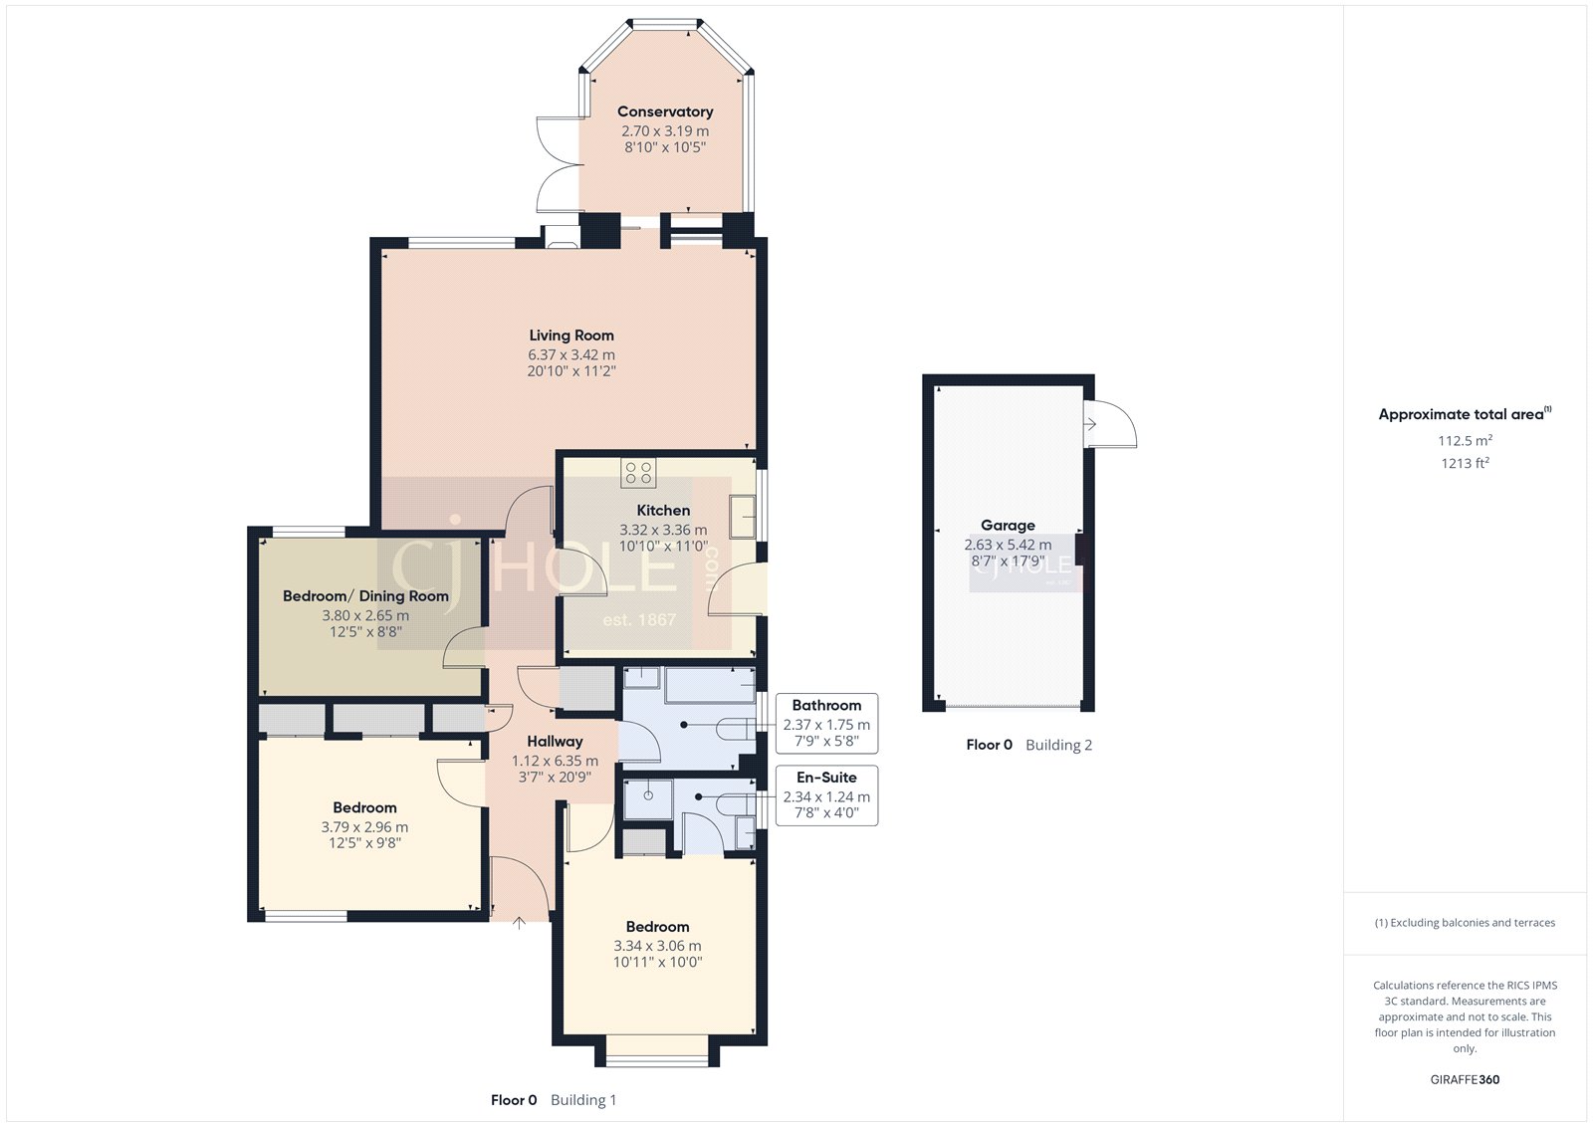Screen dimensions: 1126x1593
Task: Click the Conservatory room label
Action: [665, 112]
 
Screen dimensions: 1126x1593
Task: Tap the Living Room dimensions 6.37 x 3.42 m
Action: [571, 354]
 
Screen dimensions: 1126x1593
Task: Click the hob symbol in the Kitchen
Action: [638, 473]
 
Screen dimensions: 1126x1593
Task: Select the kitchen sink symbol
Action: [743, 516]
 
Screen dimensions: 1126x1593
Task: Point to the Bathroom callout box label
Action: [826, 705]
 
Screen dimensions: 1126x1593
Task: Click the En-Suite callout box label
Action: [826, 778]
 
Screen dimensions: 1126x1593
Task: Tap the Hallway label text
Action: [555, 742]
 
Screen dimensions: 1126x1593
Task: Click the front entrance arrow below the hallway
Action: [519, 924]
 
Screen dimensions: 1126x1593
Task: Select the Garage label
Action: [1008, 525]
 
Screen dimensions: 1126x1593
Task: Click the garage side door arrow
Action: [1090, 424]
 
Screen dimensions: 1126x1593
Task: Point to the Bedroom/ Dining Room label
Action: [365, 596]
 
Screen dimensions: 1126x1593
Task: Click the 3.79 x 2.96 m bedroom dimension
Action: [364, 827]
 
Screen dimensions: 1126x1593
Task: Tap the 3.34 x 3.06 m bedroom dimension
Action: [657, 946]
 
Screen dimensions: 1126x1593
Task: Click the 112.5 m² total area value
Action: [1465, 440]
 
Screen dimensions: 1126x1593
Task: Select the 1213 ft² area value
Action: [1465, 463]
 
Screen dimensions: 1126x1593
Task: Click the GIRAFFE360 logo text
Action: [1465, 1079]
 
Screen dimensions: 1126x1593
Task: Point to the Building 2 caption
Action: [1058, 745]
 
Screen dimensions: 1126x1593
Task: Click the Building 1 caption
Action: [583, 1100]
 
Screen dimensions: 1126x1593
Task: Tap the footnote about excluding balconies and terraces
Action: [1465, 923]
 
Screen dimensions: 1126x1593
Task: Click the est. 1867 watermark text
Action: [639, 620]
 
